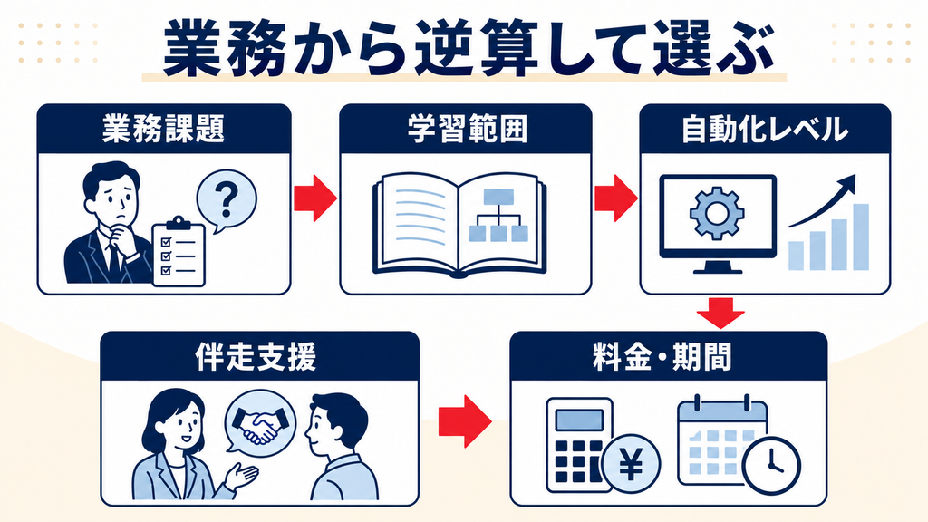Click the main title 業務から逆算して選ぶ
[469, 49]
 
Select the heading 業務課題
[163, 129]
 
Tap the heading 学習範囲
[467, 129]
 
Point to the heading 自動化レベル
[765, 129]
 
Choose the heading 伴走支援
[256, 356]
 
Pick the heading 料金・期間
[662, 356]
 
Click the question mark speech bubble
[226, 200]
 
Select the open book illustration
[459, 225]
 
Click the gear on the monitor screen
[717, 212]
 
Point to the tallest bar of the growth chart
[861, 237]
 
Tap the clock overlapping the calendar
[771, 465]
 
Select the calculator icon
[577, 444]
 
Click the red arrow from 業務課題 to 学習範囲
[315, 198]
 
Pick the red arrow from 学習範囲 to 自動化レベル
[616, 198]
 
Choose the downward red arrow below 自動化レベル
[720, 313]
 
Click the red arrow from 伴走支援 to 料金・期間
[465, 421]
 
